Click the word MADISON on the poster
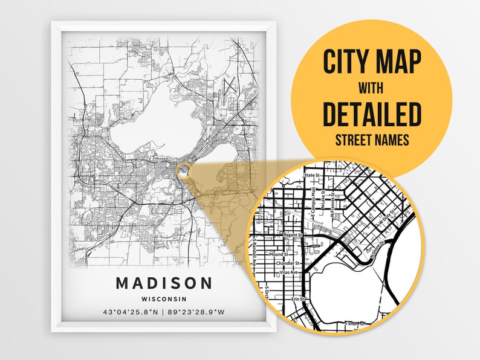click(164, 283)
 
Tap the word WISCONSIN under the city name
click(164, 298)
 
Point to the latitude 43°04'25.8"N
click(131, 312)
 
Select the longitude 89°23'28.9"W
click(197, 312)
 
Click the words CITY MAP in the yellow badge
click(371, 62)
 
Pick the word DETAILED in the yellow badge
click(371, 114)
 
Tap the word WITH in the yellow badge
click(371, 89)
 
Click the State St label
click(311, 175)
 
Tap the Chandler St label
click(288, 263)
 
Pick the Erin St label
click(296, 298)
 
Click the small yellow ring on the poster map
click(184, 171)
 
